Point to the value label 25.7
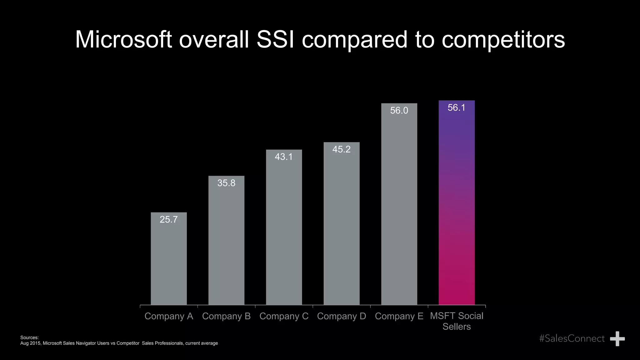[169, 219]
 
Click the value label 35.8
[226, 183]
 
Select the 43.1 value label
[284, 157]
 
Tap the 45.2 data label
[341, 149]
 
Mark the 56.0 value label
[399, 110]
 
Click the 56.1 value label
[457, 107]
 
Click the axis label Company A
[169, 316]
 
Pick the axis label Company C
[284, 316]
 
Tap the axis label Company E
[399, 316]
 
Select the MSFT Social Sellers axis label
[457, 321]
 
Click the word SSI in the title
[275, 40]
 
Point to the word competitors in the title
[503, 40]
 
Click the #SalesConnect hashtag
[572, 338]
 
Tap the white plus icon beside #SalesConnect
[617, 339]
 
